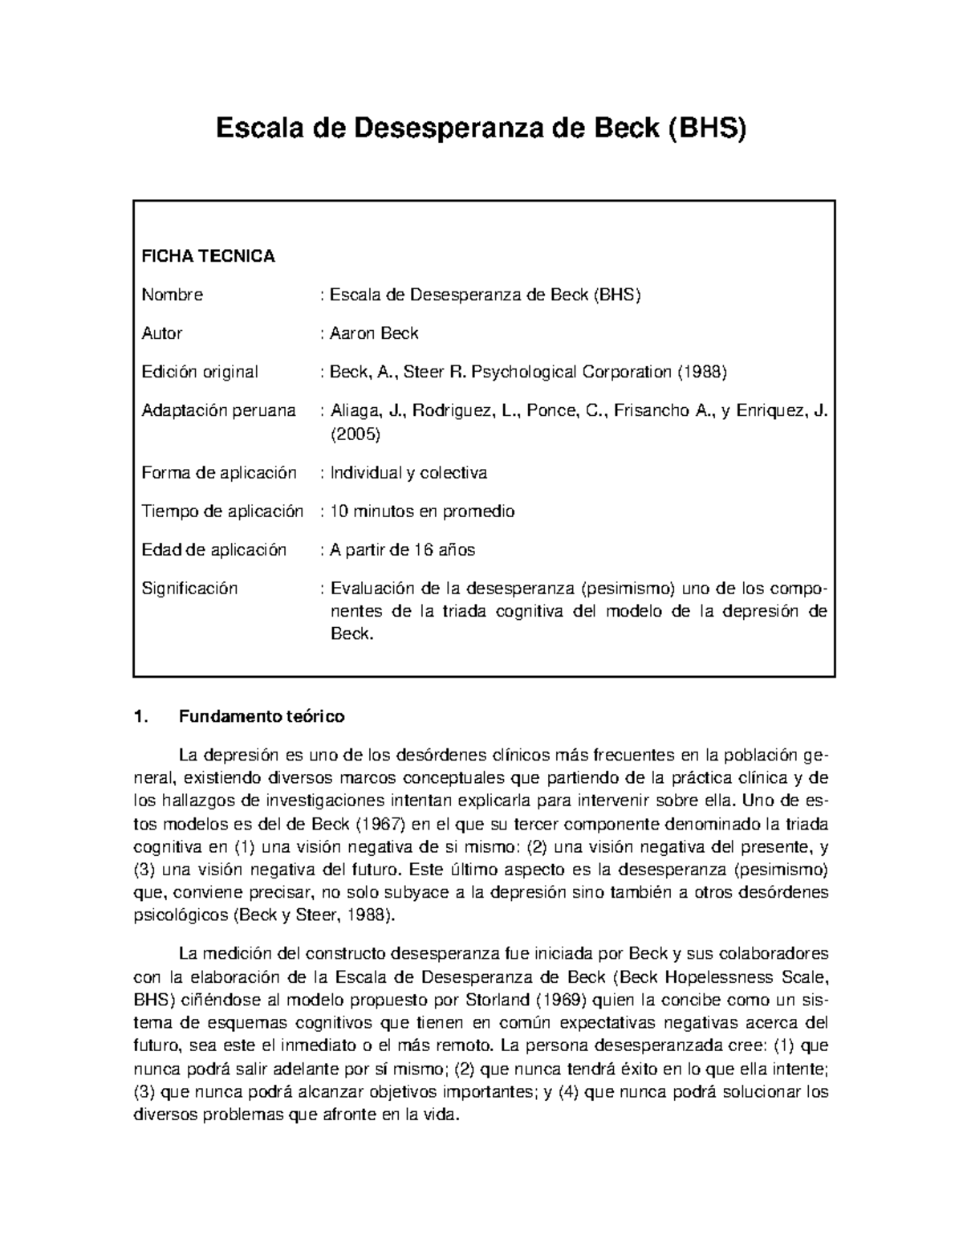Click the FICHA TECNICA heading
tap(208, 256)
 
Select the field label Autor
tap(162, 333)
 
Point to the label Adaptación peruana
tap(218, 410)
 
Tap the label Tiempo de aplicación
tap(222, 511)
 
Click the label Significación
tap(189, 589)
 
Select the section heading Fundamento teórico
tap(262, 716)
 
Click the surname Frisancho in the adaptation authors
tap(648, 410)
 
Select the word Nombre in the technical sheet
tap(172, 295)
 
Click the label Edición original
tap(200, 372)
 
